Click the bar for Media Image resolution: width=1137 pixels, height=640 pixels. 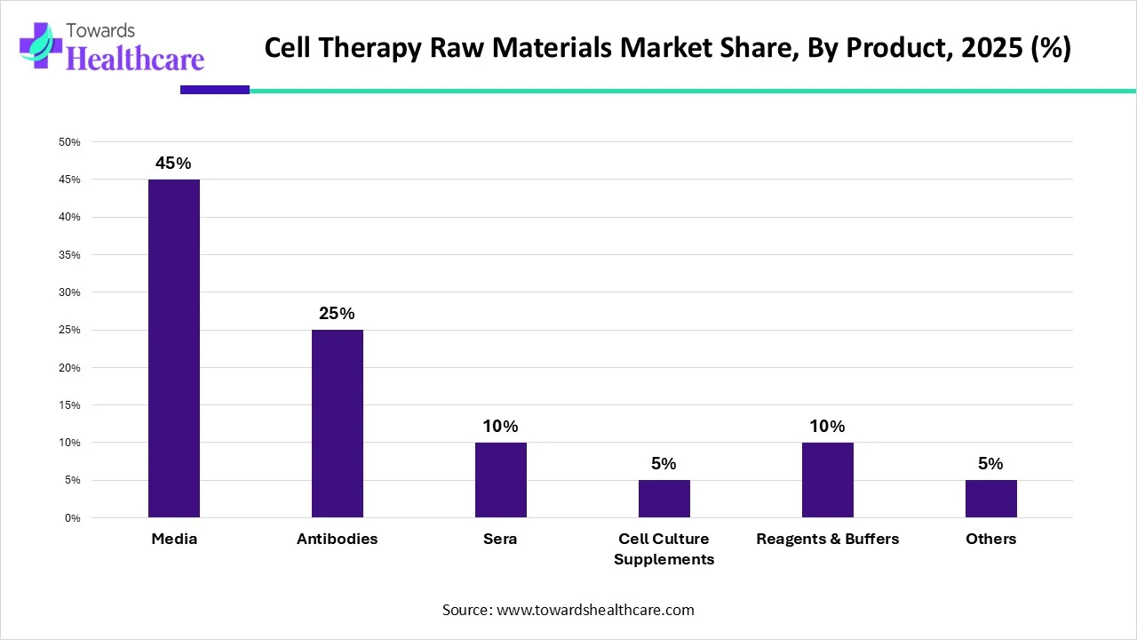(x=174, y=348)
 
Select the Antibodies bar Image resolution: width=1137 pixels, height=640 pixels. (x=338, y=423)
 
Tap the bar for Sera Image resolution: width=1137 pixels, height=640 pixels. (x=501, y=480)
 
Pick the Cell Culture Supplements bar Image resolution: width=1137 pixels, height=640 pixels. (x=664, y=499)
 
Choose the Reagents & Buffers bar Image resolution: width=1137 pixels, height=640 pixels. (x=828, y=480)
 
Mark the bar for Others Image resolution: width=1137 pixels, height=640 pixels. (x=991, y=499)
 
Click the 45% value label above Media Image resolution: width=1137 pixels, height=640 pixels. (x=174, y=164)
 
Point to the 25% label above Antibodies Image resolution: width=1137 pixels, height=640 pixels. (x=338, y=314)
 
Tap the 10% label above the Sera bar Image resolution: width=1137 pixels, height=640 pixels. (x=501, y=426)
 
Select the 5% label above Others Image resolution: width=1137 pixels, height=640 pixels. (x=991, y=464)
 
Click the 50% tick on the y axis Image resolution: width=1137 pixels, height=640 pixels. (x=69, y=142)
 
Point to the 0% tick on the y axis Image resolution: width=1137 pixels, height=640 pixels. (x=72, y=518)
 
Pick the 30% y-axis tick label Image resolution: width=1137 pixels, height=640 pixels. (x=69, y=292)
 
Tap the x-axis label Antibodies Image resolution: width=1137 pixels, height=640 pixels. (x=338, y=540)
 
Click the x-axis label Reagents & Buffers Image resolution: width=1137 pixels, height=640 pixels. (x=828, y=540)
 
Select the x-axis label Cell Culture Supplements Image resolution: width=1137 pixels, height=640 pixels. (x=664, y=549)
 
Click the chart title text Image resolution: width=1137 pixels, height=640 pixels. (x=668, y=49)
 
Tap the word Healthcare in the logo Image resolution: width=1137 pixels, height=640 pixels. (x=135, y=60)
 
